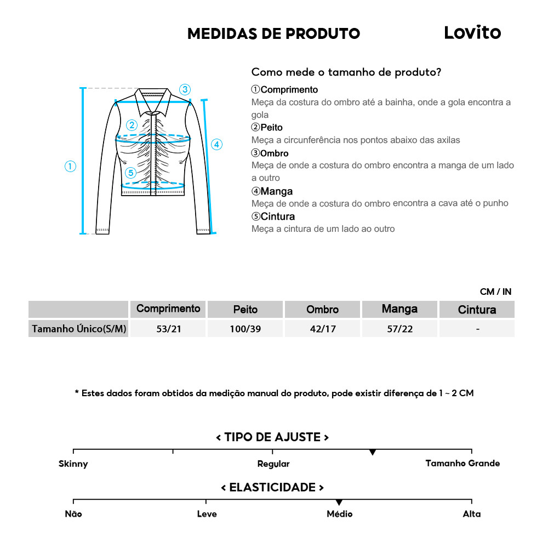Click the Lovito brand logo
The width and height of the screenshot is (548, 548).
coord(472,33)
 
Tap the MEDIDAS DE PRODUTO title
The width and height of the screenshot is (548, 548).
coord(273,33)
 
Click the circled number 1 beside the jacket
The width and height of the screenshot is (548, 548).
coord(70,166)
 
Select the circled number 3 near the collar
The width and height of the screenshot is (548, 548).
coord(185,89)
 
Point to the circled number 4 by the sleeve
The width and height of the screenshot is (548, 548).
coord(217,145)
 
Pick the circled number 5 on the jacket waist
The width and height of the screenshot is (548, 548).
coord(130,173)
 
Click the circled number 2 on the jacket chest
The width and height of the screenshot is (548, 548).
coord(132,125)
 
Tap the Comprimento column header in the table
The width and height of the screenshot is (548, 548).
coord(168,309)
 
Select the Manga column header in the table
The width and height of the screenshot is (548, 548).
coord(399,309)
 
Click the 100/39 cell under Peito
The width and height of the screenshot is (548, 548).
coord(245,329)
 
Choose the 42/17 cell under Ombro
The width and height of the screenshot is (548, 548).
coord(322,329)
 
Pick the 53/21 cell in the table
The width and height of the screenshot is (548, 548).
coord(168,329)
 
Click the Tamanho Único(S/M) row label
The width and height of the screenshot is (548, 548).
coord(79,329)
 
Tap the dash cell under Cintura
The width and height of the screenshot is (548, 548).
coord(478,329)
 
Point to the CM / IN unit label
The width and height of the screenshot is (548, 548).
coord(495,292)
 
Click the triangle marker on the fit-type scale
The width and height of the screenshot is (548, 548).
coord(373,452)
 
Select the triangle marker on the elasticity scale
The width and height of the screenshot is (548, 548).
coord(339,502)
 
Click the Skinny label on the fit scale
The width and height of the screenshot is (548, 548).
coord(73,464)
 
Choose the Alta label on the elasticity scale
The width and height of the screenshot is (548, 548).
coord(471,514)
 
